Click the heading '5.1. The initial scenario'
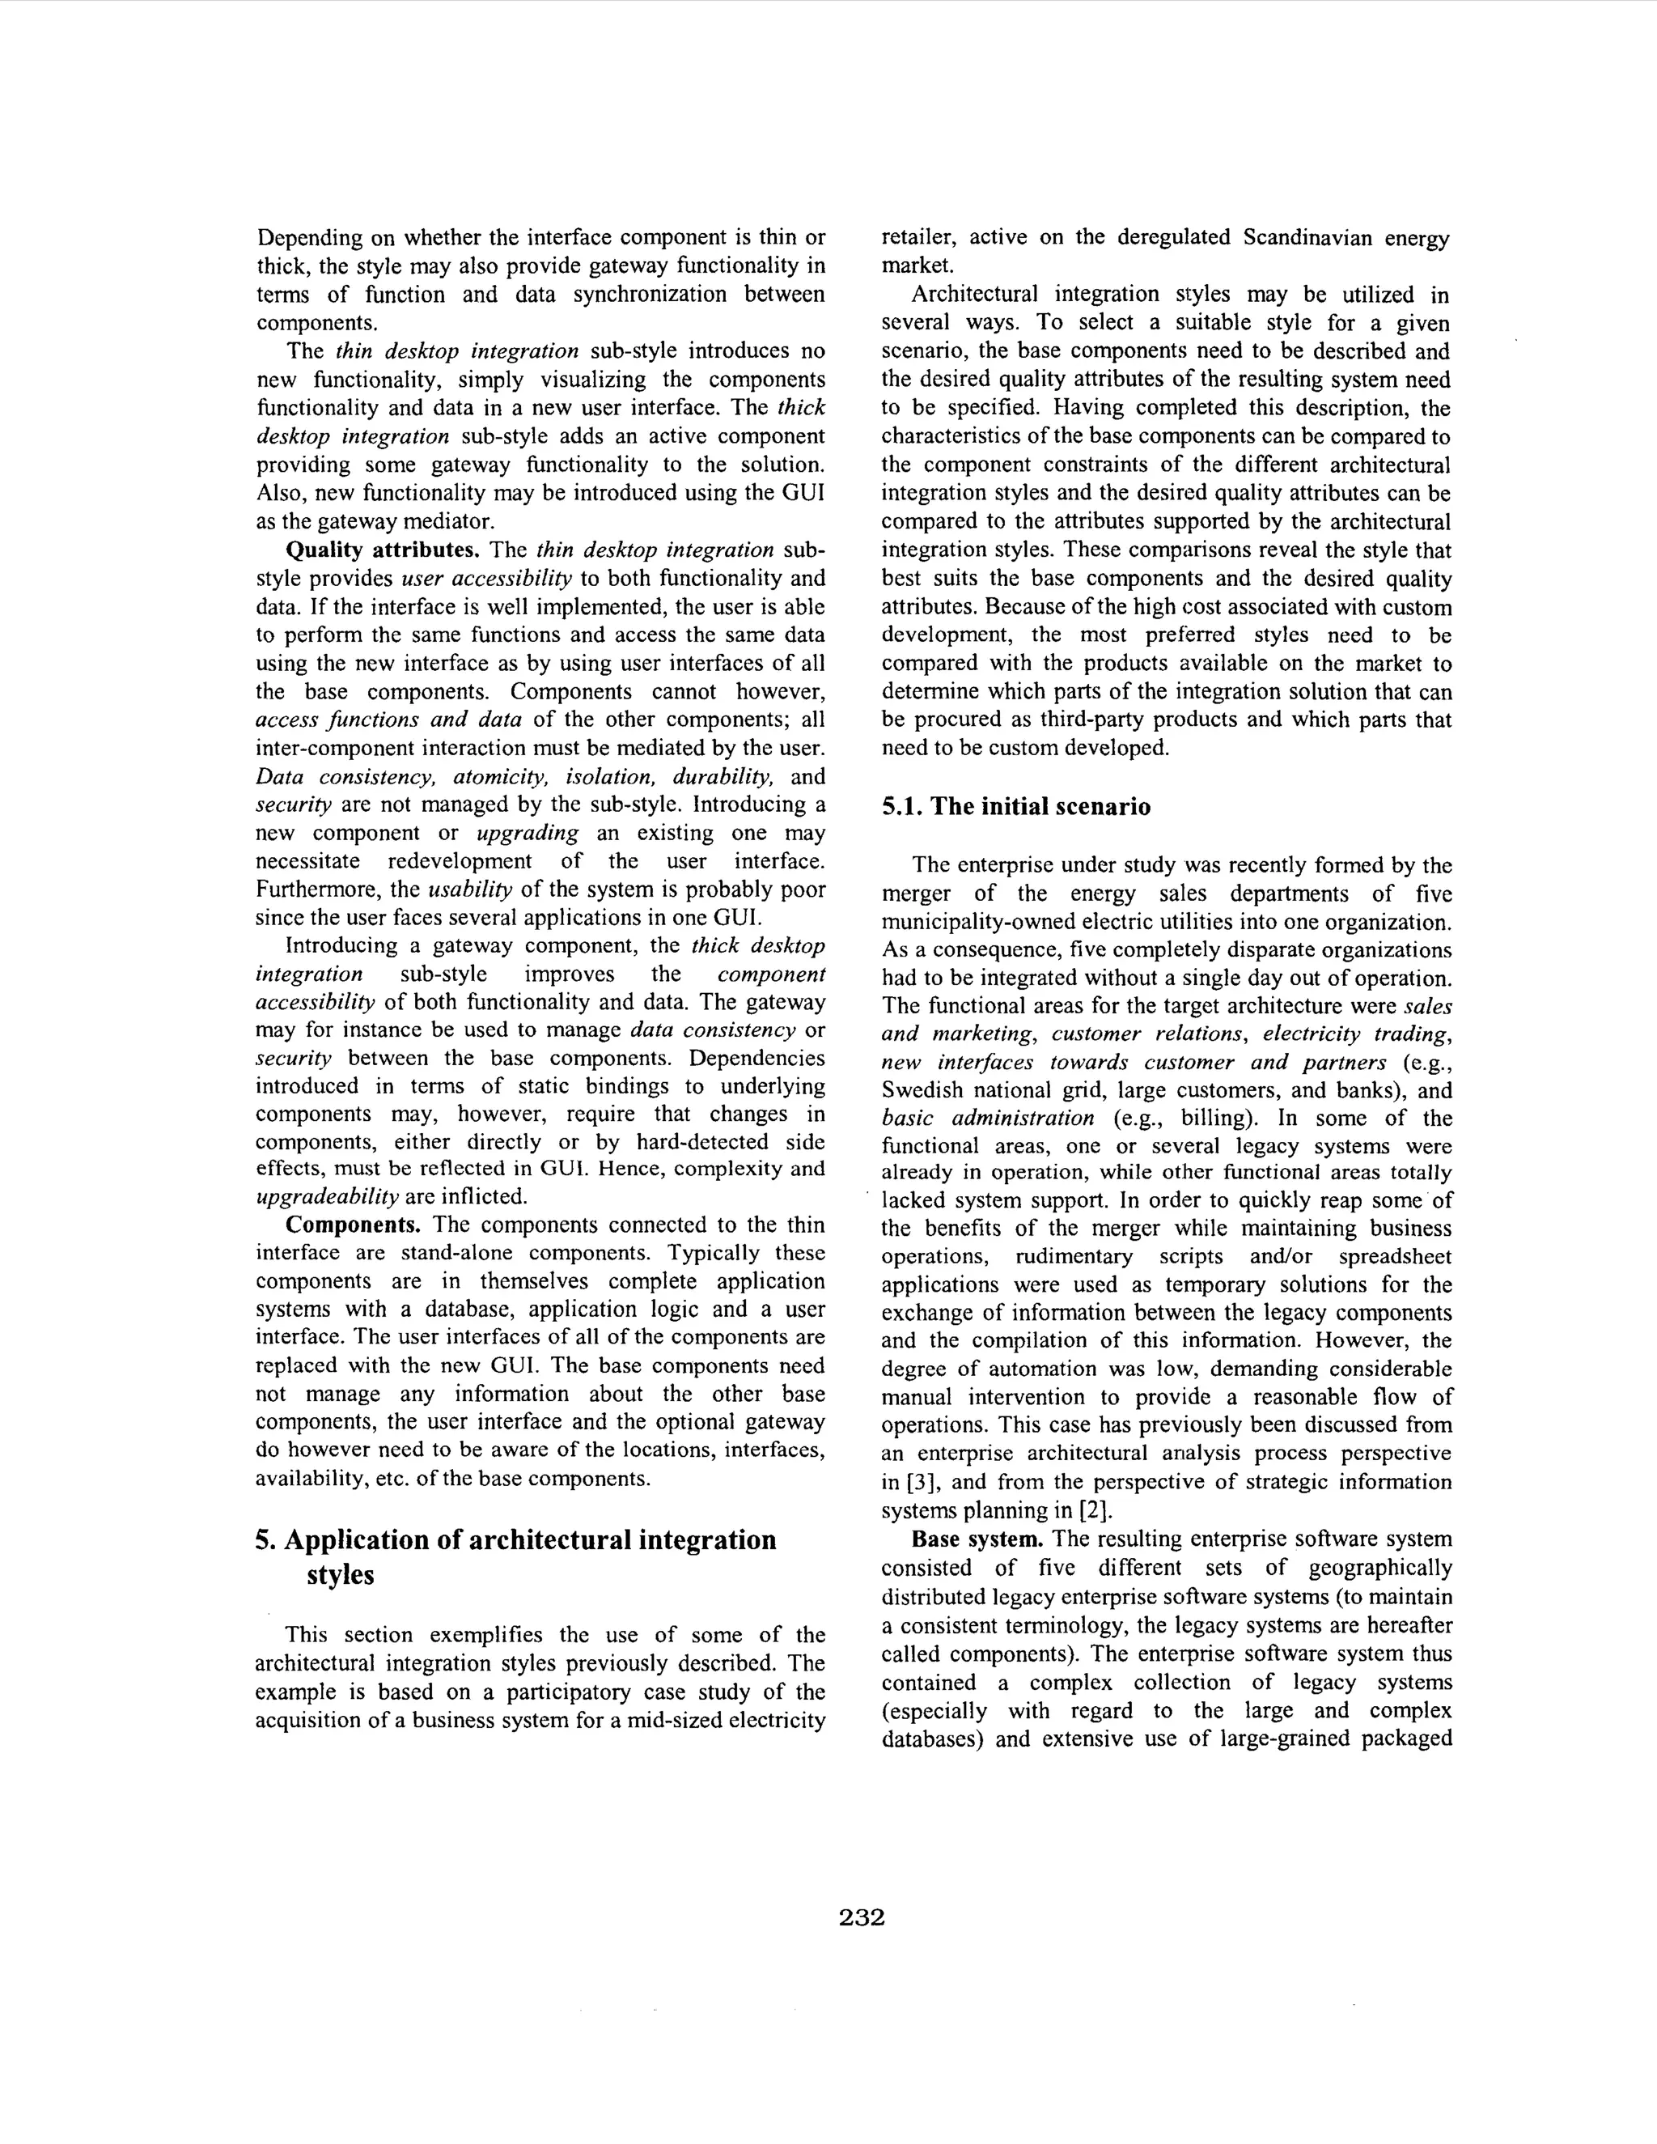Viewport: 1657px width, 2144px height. (1016, 807)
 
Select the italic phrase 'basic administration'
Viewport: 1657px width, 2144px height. (988, 1119)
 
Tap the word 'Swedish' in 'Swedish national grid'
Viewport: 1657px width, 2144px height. (924, 1091)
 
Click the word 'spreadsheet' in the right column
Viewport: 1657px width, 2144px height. (1392, 1258)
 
